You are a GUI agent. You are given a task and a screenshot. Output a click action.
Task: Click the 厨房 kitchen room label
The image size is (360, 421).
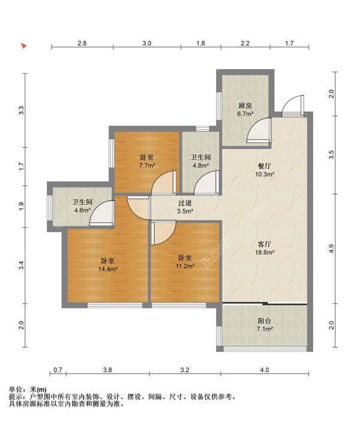245,106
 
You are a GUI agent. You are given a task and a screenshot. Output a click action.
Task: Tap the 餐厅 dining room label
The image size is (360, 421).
264,166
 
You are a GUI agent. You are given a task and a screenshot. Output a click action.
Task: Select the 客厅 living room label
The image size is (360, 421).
264,244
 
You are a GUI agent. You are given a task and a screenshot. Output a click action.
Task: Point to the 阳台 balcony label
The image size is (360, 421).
264,321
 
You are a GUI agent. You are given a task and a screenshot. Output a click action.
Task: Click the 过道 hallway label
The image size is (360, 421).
185,203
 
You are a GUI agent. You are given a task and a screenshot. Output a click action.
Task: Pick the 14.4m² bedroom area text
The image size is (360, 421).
107,269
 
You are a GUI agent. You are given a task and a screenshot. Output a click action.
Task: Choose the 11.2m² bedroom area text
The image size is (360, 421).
185,266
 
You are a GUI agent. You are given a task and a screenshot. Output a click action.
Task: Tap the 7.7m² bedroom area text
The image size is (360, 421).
147,165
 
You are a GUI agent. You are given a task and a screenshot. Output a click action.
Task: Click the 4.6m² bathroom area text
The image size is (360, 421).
82,210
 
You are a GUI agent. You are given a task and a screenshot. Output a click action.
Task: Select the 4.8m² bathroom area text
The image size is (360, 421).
200,165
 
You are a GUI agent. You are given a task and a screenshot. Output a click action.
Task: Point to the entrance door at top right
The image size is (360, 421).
293,106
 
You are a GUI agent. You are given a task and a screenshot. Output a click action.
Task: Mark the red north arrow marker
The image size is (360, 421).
24,46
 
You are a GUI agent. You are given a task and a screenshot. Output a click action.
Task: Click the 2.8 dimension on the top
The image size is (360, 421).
82,43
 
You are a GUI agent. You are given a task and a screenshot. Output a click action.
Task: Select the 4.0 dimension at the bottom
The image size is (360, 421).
265,370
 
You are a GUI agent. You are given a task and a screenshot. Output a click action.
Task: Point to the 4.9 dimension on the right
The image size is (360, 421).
332,249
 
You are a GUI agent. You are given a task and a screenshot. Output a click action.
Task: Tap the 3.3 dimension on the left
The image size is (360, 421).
22,111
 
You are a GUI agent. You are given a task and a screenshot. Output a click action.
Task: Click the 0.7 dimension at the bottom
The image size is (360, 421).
58,370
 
